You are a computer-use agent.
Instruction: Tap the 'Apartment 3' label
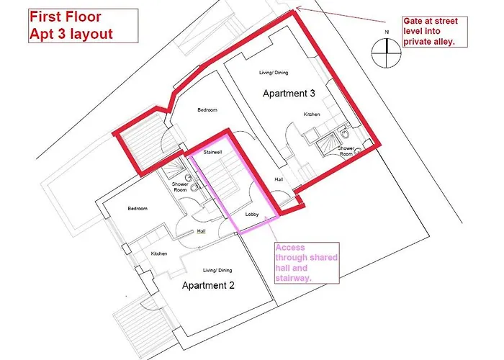pyautogui.click(x=289, y=93)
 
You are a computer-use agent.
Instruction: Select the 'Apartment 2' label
pyautogui.click(x=208, y=285)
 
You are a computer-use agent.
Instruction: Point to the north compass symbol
pyautogui.click(x=387, y=53)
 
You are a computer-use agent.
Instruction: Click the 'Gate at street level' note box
pyautogui.click(x=435, y=32)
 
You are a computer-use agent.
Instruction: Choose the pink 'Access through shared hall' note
pyautogui.click(x=307, y=263)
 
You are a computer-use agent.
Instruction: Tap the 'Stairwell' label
pyautogui.click(x=213, y=152)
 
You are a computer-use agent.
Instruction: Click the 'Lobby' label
pyautogui.click(x=252, y=215)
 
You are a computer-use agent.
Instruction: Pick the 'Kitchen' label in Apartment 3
pyautogui.click(x=312, y=114)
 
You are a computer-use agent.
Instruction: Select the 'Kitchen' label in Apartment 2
pyautogui.click(x=159, y=253)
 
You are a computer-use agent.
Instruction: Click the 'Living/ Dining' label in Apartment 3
pyautogui.click(x=274, y=73)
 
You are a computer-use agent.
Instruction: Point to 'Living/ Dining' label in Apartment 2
pyautogui.click(x=217, y=270)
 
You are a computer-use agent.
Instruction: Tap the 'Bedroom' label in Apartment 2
pyautogui.click(x=138, y=209)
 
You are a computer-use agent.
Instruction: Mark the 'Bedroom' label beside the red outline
pyautogui.click(x=207, y=110)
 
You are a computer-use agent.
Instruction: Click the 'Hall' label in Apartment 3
pyautogui.click(x=279, y=179)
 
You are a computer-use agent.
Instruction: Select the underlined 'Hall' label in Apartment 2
pyautogui.click(x=201, y=231)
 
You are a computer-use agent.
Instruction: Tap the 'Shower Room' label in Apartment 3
pyautogui.click(x=346, y=151)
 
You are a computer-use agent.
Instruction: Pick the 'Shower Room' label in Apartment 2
pyautogui.click(x=180, y=187)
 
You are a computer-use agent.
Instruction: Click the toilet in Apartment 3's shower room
pyautogui.click(x=345, y=134)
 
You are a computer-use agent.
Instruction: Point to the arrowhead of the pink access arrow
pyautogui.click(x=266, y=218)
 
